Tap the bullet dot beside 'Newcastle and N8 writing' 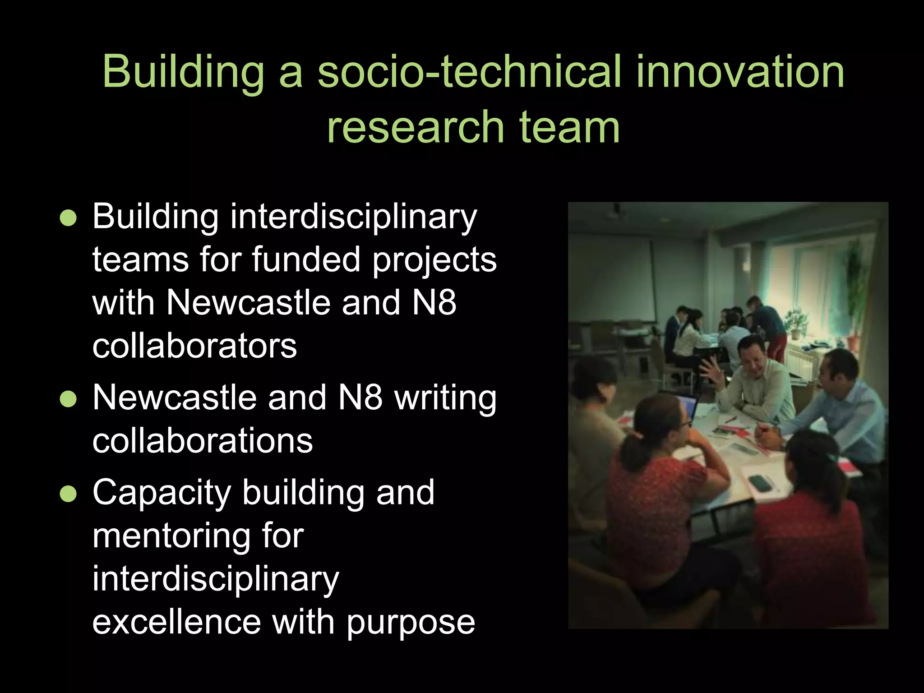tap(68, 399)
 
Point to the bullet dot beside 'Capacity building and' tap(68, 494)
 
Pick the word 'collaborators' tap(194, 346)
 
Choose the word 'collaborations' tap(203, 441)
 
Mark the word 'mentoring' tap(171, 537)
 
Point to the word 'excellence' tap(176, 622)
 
